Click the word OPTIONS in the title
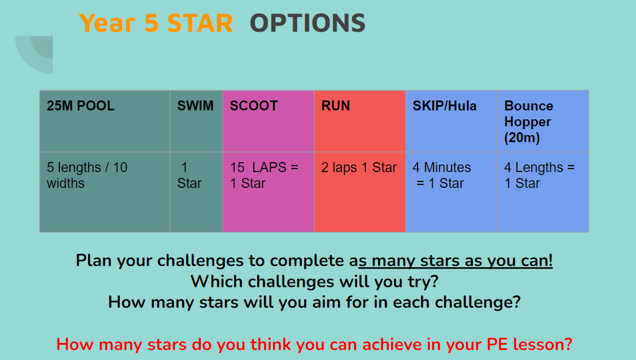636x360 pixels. point(308,23)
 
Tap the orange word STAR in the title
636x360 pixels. point(200,23)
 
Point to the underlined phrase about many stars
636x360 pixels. point(455,261)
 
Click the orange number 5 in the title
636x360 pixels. point(152,23)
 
